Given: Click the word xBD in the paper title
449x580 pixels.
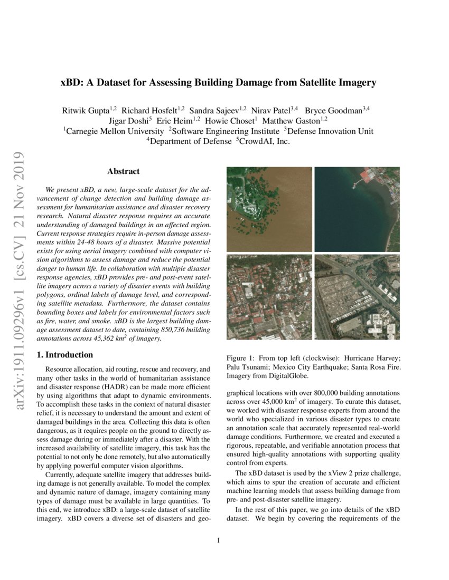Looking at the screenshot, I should (x=71, y=83).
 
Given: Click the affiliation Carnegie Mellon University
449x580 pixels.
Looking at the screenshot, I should (x=114, y=131).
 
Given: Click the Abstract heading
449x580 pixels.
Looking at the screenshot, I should (x=123, y=171).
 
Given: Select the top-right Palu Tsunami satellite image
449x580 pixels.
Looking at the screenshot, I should (x=357, y=209).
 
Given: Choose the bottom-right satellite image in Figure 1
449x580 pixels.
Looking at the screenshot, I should (x=357, y=297).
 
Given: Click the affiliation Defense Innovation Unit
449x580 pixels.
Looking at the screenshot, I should (x=331, y=131).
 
